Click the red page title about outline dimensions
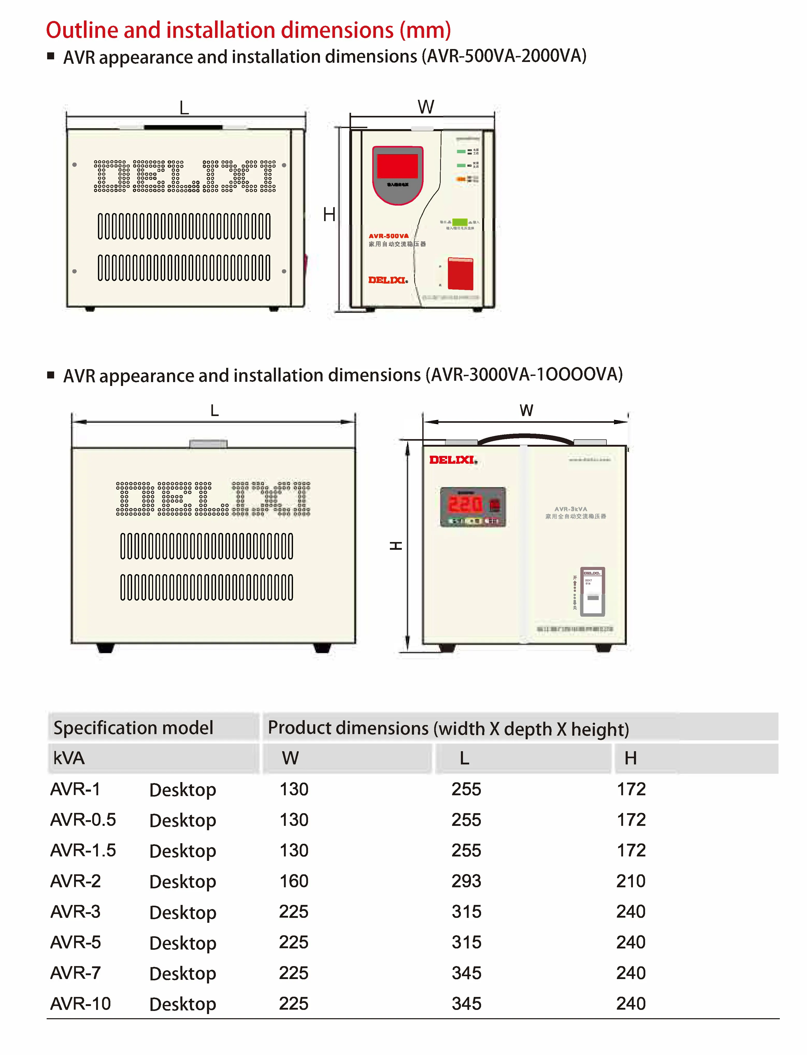pos(248,30)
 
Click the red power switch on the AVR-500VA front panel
pos(460,273)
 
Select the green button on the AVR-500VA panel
pos(459,222)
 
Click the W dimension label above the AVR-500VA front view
pos(426,107)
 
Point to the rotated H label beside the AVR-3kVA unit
pos(395,546)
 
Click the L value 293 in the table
pos(466,881)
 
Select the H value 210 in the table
pos(631,881)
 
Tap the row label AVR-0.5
pos(83,819)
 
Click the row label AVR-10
pos(80,1004)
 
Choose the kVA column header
pos(69,758)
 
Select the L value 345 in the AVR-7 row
pos(466,973)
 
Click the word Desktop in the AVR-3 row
pos(183,912)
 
